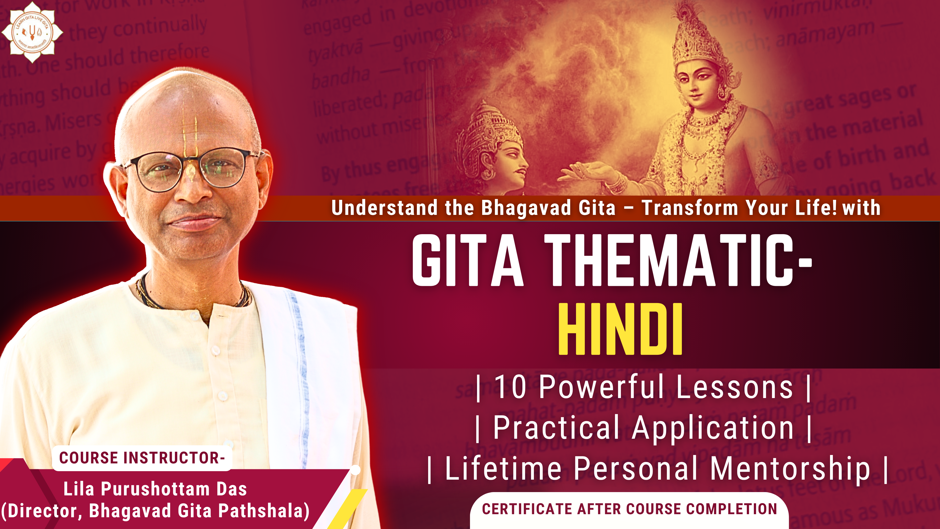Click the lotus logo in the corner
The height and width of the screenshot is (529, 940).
32,32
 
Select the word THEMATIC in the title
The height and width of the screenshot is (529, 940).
671,260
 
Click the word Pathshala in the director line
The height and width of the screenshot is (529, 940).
261,511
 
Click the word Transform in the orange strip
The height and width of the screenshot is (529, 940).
690,208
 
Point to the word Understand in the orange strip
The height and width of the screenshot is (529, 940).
384,208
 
